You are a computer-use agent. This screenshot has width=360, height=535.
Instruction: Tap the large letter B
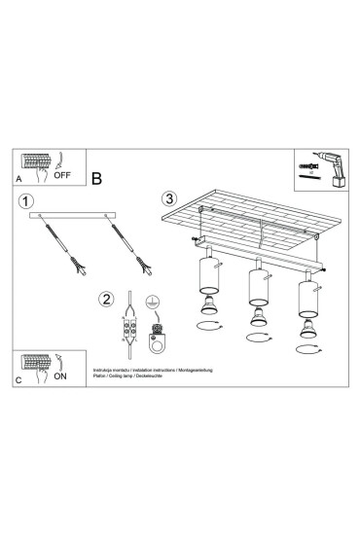coord(97,178)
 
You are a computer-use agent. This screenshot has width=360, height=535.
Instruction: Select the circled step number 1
coord(25,201)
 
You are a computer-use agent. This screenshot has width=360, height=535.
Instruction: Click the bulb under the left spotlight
coord(207,310)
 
